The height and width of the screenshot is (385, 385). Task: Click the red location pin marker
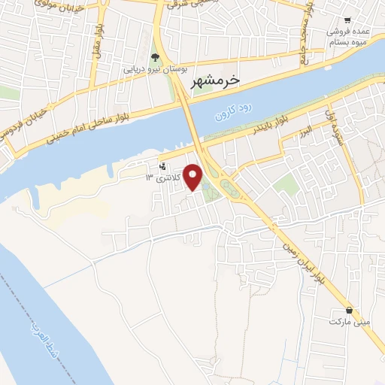[x=194, y=176]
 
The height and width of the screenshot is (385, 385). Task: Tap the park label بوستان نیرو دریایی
[x=154, y=70]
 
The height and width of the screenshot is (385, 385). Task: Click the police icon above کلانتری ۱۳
[x=163, y=166]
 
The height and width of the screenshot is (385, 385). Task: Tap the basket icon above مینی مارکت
[x=349, y=310]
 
